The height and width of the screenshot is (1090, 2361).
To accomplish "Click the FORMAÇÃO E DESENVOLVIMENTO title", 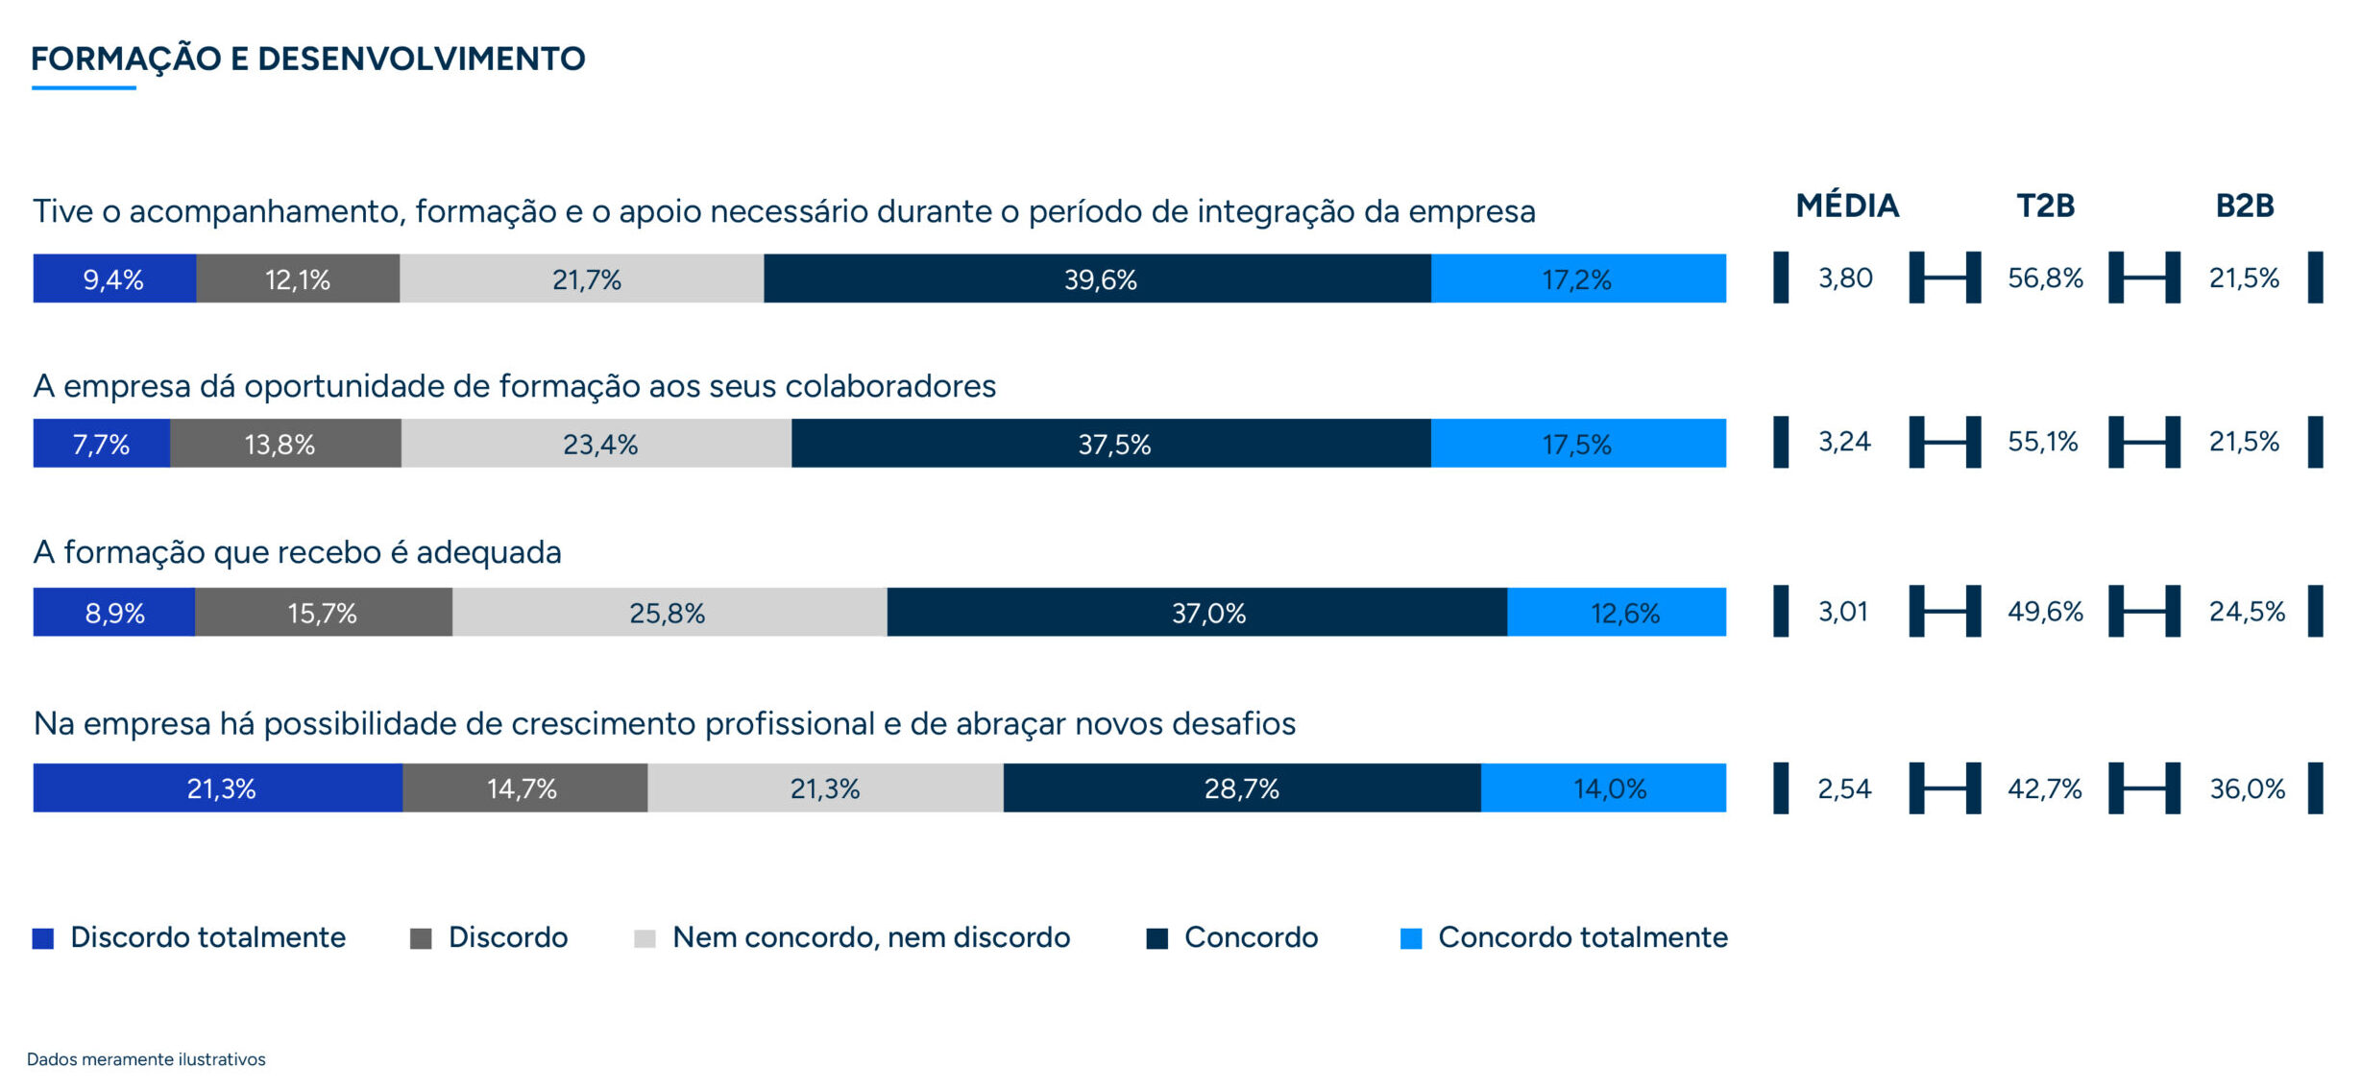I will pos(307,60).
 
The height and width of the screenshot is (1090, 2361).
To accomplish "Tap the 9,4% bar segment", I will pos(114,279).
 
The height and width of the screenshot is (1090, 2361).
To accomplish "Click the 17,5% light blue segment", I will pos(1578,444).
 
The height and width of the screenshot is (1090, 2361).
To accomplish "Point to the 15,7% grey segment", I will pos(323,613).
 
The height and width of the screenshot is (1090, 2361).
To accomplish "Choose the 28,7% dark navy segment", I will pos(1242,788).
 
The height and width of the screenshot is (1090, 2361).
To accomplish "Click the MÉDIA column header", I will pos(1847,206).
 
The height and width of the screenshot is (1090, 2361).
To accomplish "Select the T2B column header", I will pos(2045,206).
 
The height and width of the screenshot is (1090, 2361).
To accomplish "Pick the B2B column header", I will pos(2244,206).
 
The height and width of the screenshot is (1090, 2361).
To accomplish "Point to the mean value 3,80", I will pos(1845,279).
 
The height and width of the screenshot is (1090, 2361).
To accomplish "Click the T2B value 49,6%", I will pos(2045,612).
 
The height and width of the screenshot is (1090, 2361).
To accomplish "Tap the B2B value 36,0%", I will pos(2247,788).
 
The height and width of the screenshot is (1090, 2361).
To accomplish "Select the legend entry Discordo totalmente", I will pos(189,937).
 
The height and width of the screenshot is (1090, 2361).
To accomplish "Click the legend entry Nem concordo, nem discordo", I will pos(852,937).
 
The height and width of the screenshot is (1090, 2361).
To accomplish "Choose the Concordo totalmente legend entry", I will pos(1564,937).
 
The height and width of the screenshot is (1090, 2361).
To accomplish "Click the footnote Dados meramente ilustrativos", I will pos(146,1059).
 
